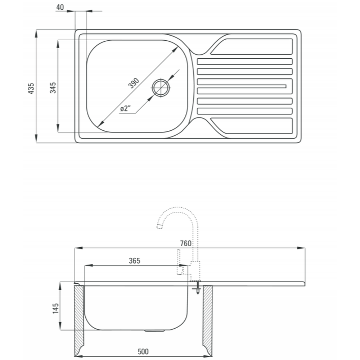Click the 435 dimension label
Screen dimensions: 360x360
click(31, 89)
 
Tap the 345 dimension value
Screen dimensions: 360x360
click(53, 88)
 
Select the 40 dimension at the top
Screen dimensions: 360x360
click(60, 7)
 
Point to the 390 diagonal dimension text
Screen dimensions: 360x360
click(134, 83)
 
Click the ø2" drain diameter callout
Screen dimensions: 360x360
click(125, 108)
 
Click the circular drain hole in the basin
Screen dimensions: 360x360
click(161, 88)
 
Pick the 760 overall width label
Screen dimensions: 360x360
click(185, 243)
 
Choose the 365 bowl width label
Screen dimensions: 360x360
click(134, 261)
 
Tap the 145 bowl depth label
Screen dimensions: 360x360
click(55, 308)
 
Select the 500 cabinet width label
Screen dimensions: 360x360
click(143, 351)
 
